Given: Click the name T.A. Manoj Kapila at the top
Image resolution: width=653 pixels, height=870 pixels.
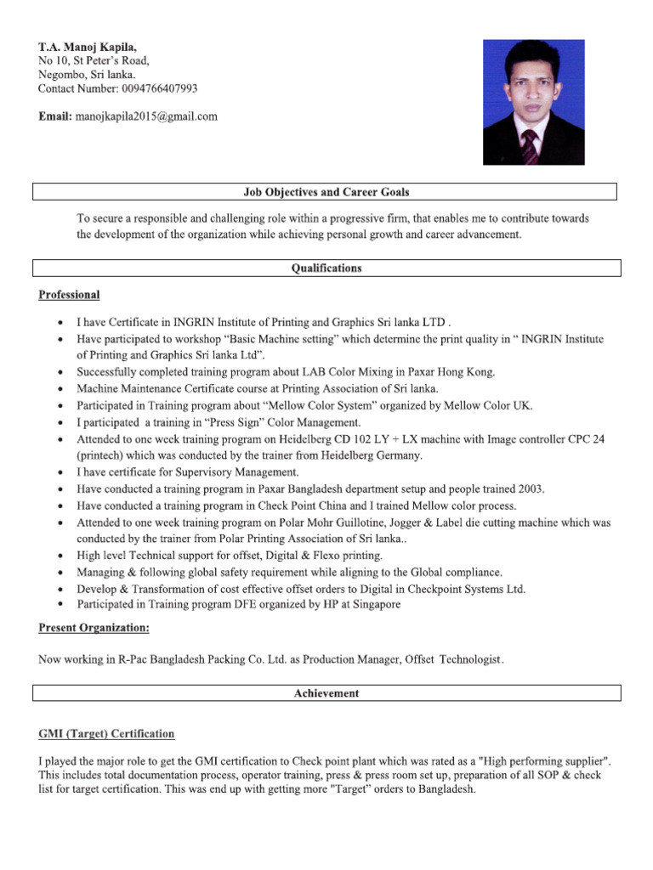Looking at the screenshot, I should point(87,46).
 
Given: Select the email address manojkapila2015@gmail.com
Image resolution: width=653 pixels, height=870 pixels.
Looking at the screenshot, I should point(146,116).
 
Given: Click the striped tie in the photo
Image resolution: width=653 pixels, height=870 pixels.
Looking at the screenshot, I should point(529,146).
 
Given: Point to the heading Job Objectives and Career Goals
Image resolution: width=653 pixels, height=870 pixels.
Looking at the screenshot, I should point(326,192).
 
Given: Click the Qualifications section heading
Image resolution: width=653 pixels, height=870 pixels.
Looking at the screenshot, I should point(326,268).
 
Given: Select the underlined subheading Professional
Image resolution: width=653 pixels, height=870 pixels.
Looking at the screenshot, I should point(69,295).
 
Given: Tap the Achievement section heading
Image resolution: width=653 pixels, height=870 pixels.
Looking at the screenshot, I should point(326,693).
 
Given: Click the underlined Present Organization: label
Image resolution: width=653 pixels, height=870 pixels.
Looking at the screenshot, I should point(94,628).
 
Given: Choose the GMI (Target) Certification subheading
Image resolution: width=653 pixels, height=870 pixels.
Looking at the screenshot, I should point(106,733).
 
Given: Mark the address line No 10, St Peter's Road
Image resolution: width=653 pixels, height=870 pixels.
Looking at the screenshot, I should point(94,60).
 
